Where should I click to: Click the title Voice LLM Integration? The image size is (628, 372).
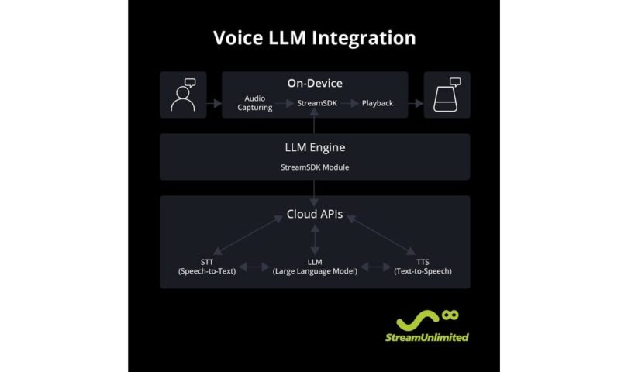315,38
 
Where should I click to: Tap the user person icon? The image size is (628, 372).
183,95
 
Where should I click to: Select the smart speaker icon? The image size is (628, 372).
447,95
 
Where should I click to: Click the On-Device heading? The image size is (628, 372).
315,83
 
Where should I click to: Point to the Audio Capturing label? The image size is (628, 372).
255,103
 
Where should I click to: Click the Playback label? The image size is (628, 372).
378,103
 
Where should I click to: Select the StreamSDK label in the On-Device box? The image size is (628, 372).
317,103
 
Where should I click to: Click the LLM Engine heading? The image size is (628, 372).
315,147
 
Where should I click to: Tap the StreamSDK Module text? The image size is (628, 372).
315,167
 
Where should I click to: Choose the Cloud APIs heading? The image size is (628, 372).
315,214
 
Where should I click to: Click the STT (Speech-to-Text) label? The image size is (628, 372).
207,267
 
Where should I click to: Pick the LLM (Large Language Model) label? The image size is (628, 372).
315,267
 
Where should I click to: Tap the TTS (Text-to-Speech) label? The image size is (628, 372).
423,267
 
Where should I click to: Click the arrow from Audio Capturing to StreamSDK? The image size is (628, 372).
285,103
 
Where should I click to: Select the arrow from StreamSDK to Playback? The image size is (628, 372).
349,103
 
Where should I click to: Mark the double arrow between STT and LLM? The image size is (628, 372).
254,267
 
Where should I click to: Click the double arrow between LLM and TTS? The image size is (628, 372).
376,267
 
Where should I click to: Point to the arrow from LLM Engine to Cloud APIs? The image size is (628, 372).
315,193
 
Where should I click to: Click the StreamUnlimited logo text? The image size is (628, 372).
427,338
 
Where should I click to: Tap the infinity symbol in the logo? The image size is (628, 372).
450,315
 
